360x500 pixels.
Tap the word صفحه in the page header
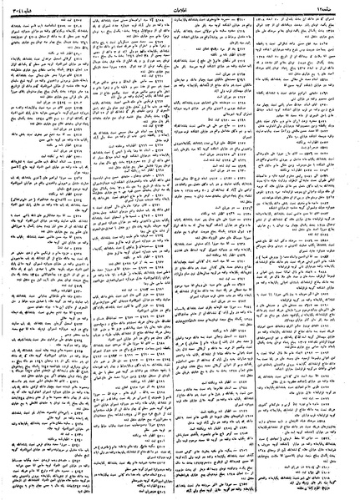coord(343,5)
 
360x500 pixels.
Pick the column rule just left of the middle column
coord(145,250)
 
